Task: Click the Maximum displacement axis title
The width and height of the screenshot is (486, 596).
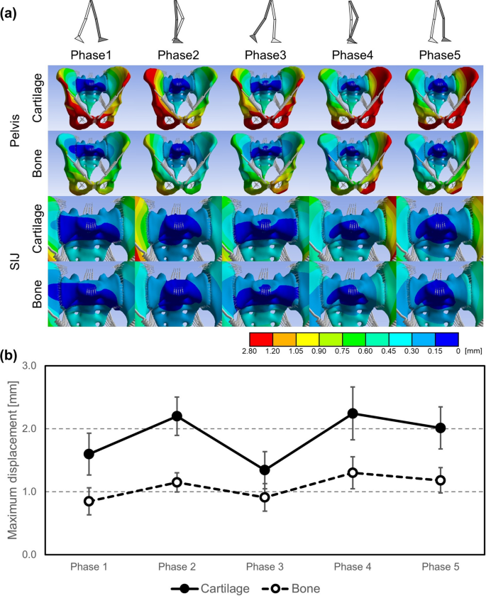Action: coord(11,459)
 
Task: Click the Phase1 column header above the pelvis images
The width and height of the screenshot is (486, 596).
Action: coord(90,55)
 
